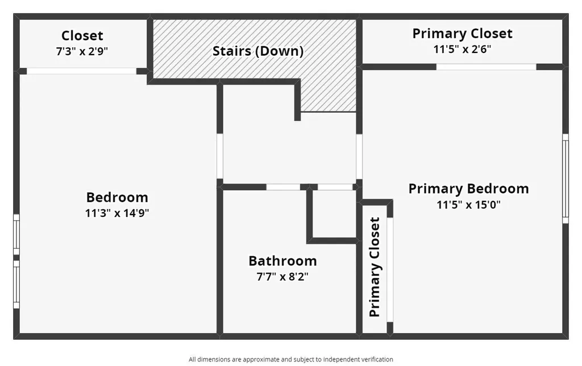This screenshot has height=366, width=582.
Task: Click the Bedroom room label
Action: pos(117,197)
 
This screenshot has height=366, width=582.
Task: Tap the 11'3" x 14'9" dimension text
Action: pos(117,213)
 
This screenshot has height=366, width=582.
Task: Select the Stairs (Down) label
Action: pos(258,51)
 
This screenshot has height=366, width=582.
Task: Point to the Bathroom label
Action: pos(282,261)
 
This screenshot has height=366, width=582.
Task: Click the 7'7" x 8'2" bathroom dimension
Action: pos(282,277)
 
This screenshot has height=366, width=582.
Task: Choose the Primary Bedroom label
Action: pos(468,189)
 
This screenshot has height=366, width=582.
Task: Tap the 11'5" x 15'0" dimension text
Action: pos(468,205)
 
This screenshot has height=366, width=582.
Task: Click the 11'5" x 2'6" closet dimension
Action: pos(462,49)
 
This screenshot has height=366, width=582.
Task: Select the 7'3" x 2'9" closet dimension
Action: pos(82,51)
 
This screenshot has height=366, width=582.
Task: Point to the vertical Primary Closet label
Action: pos(375,267)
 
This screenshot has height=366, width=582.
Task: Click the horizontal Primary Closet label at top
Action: pos(462,34)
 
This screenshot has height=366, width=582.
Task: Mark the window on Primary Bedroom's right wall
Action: pos(566,178)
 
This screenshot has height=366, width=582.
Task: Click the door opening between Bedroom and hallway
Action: pos(220,156)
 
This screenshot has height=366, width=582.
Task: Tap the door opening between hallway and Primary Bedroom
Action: pos(359,156)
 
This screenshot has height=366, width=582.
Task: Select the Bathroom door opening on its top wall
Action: pos(283,187)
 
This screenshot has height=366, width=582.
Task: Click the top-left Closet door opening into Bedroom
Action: pos(82,71)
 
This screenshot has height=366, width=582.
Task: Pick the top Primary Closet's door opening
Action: pos(487,67)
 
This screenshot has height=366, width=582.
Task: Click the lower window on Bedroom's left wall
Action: pos(16,284)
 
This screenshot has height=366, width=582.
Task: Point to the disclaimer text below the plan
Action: pos(290,359)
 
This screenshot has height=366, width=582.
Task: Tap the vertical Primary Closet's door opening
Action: pos(390,269)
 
